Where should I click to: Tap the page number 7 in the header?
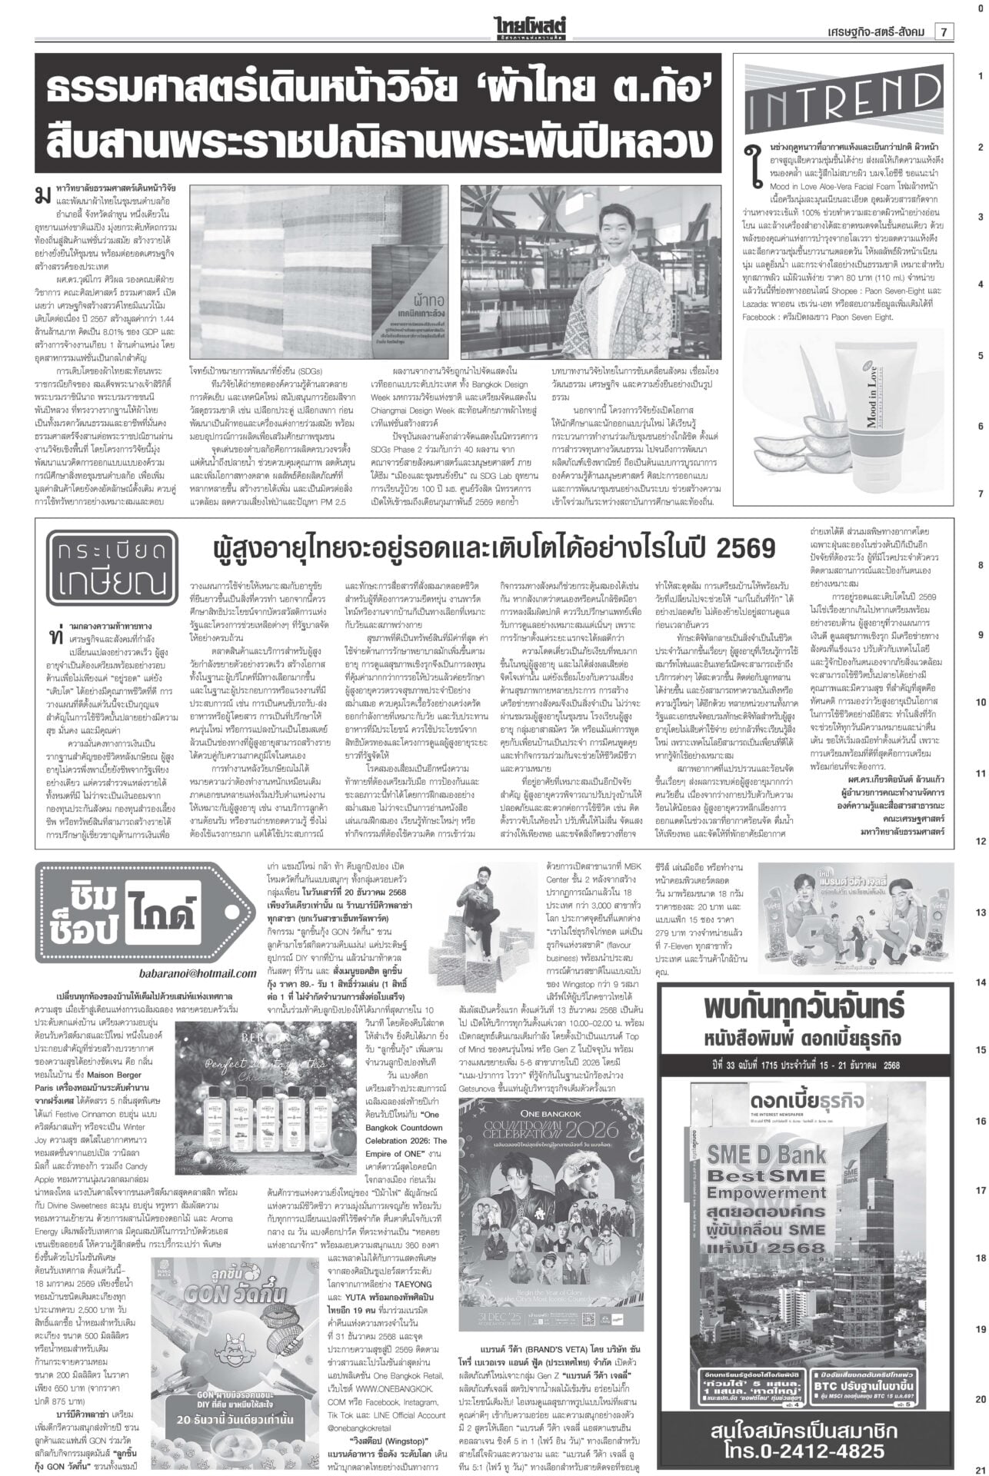942,32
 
